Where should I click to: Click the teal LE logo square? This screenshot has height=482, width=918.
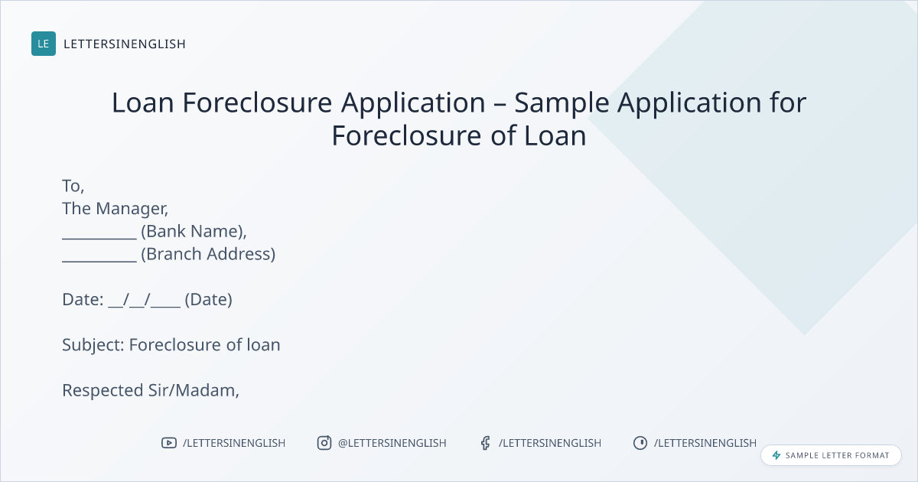44,44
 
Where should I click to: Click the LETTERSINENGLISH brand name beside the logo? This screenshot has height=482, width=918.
125,44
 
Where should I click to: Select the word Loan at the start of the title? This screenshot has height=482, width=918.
142,103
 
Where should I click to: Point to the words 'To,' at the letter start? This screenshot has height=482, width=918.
73,187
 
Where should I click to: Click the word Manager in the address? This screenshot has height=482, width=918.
132,209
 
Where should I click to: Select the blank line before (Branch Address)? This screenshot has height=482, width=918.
99,261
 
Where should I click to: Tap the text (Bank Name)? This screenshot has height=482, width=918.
194,232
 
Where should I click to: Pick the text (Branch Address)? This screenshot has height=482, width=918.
208,254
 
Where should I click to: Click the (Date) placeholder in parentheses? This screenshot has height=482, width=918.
208,300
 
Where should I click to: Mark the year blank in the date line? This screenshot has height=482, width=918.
165,307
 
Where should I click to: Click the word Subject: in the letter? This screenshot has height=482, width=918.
93,346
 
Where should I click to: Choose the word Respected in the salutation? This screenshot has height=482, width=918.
103,391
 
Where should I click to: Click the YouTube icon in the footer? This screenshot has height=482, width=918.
169,443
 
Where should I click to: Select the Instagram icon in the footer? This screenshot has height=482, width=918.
324,443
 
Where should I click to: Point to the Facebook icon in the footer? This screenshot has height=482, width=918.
486,443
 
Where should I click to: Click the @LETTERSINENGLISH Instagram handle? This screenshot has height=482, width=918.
392,443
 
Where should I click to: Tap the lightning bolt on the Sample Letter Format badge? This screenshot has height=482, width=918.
776,455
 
